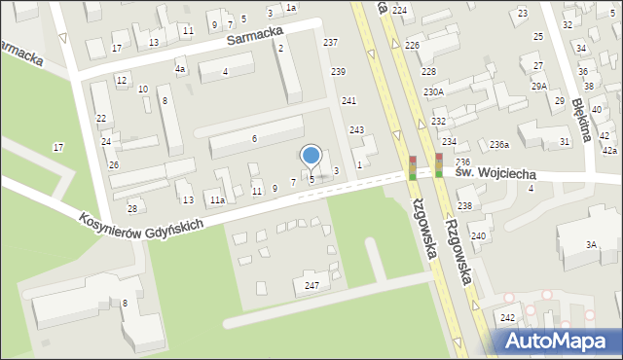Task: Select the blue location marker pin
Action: coord(311,157)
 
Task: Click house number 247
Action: coord(311,285)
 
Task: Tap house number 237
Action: coord(331,43)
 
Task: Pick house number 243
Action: coord(357,130)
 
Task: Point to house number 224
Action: coord(399,10)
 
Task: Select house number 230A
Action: coord(433,92)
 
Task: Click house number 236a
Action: coord(499,145)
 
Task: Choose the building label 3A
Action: coord(591,245)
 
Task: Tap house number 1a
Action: coord(291,8)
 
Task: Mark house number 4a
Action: coord(180,69)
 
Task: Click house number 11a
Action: coord(217,200)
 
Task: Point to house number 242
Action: coord(507,318)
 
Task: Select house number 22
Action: coord(101,119)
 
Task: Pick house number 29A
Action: coord(538,87)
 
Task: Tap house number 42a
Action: coord(609,151)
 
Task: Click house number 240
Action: coord(478,236)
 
